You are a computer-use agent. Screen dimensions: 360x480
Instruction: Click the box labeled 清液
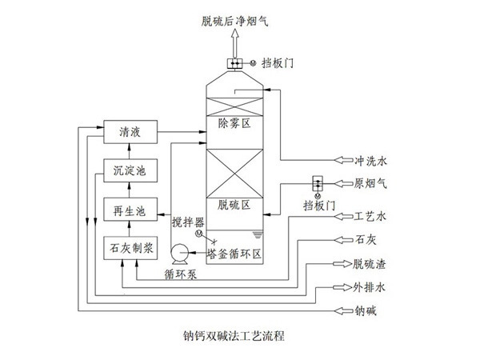(x=129, y=131)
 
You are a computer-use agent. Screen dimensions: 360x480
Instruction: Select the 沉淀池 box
(x=129, y=171)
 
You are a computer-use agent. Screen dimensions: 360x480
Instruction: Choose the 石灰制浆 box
(x=129, y=249)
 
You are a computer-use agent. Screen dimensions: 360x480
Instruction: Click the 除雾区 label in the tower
(x=234, y=124)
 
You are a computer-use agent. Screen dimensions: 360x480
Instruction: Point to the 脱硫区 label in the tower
(x=234, y=205)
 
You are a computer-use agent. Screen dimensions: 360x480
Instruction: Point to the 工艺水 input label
(x=370, y=216)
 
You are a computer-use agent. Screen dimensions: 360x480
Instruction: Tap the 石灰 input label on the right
(x=365, y=238)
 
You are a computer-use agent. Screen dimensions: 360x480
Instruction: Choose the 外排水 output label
(x=370, y=286)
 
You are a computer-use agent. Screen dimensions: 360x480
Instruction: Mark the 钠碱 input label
(x=365, y=309)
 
